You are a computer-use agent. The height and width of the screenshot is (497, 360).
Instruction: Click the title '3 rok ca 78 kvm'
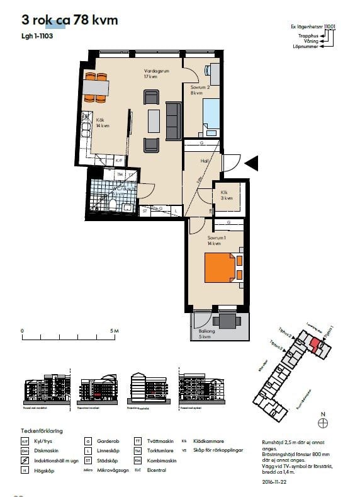coord(70,20)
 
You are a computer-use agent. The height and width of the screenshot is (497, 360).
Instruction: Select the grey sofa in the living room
coord(173,120)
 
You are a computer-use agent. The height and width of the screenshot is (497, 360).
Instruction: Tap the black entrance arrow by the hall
coord(251,164)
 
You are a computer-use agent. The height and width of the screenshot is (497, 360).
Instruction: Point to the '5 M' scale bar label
coord(113,331)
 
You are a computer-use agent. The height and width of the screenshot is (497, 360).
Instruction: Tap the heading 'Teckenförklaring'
coord(42,431)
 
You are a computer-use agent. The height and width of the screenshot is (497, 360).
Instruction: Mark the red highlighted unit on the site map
coord(314,343)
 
